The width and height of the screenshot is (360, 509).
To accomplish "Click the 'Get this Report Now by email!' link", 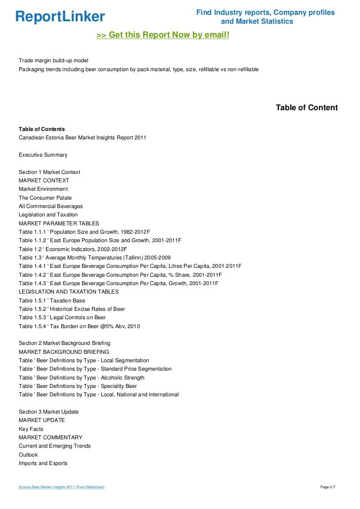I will click(x=163, y=36).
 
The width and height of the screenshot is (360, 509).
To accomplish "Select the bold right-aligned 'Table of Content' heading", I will click(x=307, y=108).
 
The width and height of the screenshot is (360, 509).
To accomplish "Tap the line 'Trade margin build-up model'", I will click(x=53, y=60).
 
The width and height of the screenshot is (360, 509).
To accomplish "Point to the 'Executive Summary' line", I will click(x=43, y=155).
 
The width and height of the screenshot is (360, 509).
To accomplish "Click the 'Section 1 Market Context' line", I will click(x=49, y=172).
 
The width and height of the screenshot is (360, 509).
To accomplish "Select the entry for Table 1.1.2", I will click(x=100, y=240).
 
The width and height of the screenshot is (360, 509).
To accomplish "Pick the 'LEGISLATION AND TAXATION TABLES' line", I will click(x=69, y=292).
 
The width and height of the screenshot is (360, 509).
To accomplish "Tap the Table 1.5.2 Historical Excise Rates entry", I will click(x=72, y=309).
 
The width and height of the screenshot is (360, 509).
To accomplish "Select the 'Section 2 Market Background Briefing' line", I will click(x=64, y=343).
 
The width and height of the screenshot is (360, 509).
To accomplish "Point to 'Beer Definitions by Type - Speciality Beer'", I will click(x=78, y=386).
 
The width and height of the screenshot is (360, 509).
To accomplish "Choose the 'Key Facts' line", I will click(x=31, y=429).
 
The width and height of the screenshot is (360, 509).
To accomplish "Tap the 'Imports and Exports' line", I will click(x=43, y=464).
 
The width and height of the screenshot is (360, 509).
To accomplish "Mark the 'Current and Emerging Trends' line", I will click(x=54, y=446).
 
